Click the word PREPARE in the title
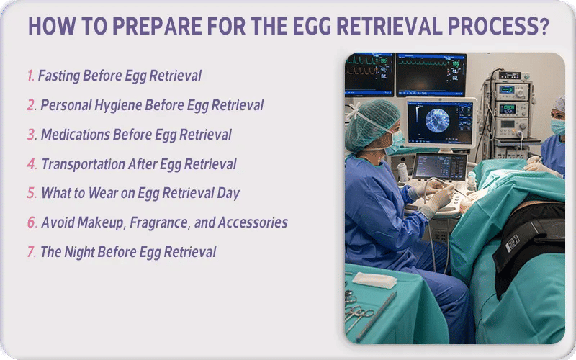[x=142, y=27]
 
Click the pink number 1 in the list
[x=30, y=76]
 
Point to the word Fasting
[x=60, y=76]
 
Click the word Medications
[x=78, y=135]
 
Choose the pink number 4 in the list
[x=32, y=164]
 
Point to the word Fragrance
[x=158, y=222]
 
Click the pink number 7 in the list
[x=32, y=252]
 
